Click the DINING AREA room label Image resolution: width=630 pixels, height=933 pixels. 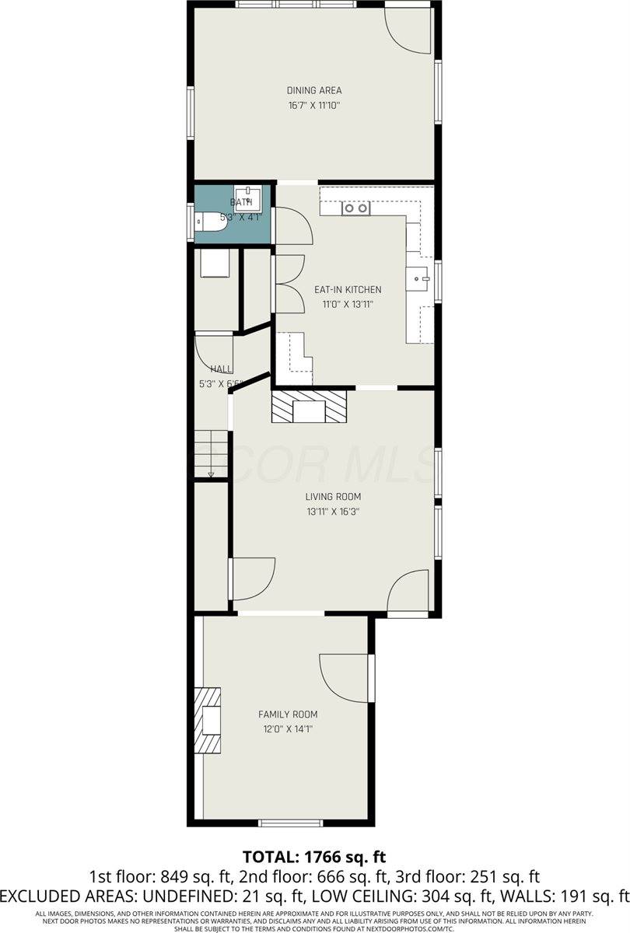point(314,90)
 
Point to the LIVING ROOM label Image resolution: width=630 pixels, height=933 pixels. point(333,497)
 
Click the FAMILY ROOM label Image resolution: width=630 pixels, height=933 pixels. point(288,714)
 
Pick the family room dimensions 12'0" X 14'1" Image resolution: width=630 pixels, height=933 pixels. point(288,729)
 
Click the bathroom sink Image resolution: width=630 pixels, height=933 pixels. point(250,194)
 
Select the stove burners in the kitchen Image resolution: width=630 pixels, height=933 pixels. point(356,208)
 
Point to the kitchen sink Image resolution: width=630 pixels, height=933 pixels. point(419,277)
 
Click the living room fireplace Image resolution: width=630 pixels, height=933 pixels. point(308,407)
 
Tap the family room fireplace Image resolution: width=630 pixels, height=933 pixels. point(208,721)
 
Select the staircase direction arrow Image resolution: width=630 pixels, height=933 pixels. point(211,473)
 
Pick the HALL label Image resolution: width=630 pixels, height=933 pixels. point(221,369)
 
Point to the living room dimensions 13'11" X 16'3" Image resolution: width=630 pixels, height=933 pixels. point(333,512)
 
